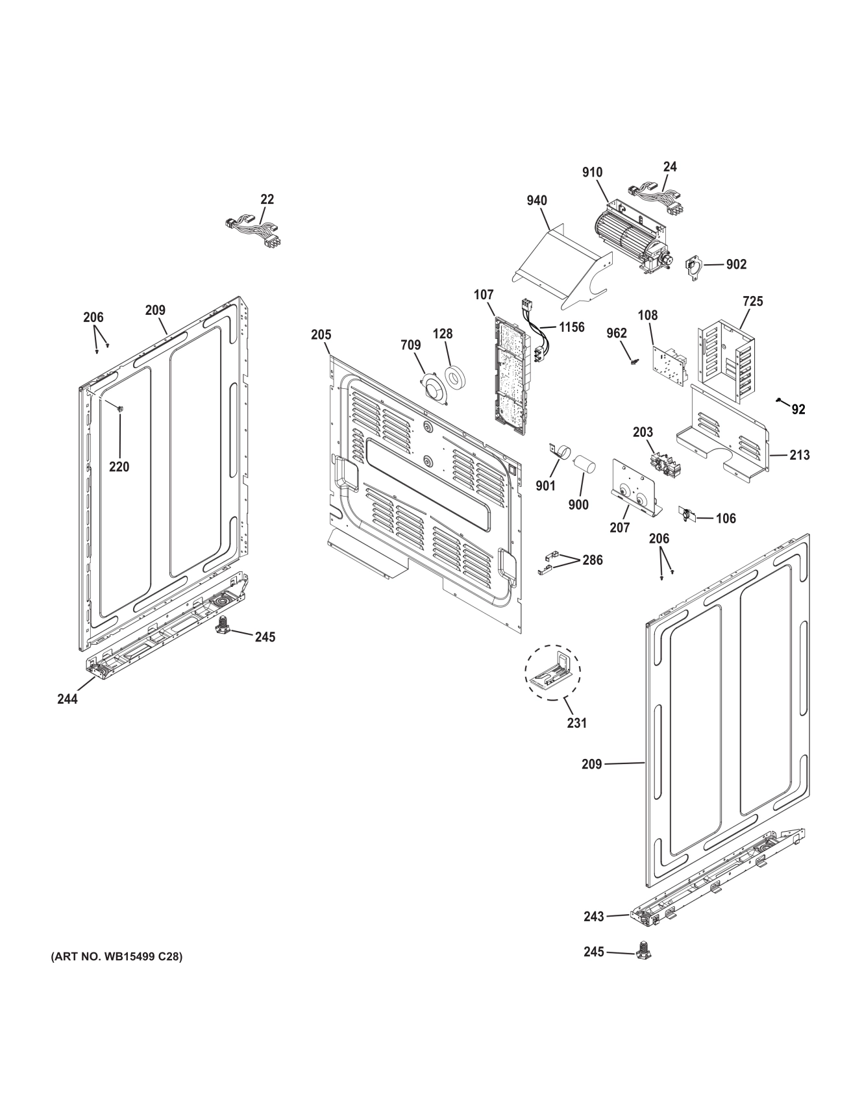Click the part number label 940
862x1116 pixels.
point(537,201)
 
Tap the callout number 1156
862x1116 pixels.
point(571,327)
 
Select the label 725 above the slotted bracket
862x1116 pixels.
point(752,301)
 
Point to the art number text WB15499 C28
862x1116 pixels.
point(117,956)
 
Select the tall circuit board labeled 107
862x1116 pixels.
point(511,367)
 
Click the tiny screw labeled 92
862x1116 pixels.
point(779,402)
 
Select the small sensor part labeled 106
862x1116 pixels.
point(686,514)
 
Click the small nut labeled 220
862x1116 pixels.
point(120,408)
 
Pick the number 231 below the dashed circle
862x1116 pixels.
point(576,723)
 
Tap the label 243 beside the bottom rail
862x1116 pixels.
point(593,916)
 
